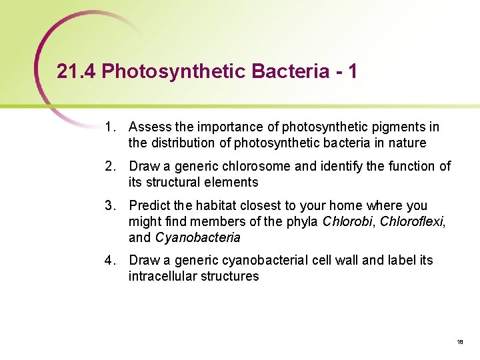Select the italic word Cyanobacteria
[x=197, y=237]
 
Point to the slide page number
[x=460, y=341]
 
